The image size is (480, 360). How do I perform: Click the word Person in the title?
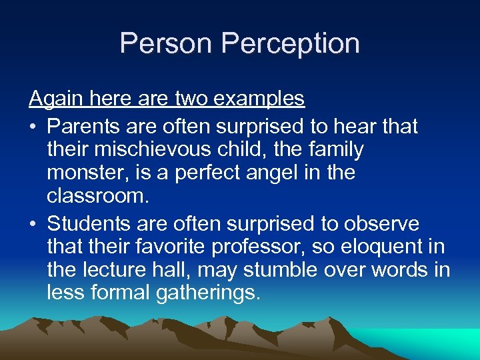click(167, 43)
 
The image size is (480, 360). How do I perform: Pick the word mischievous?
click(155, 150)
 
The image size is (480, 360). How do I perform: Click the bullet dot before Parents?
click(33, 127)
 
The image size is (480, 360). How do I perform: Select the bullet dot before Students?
click(33, 223)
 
